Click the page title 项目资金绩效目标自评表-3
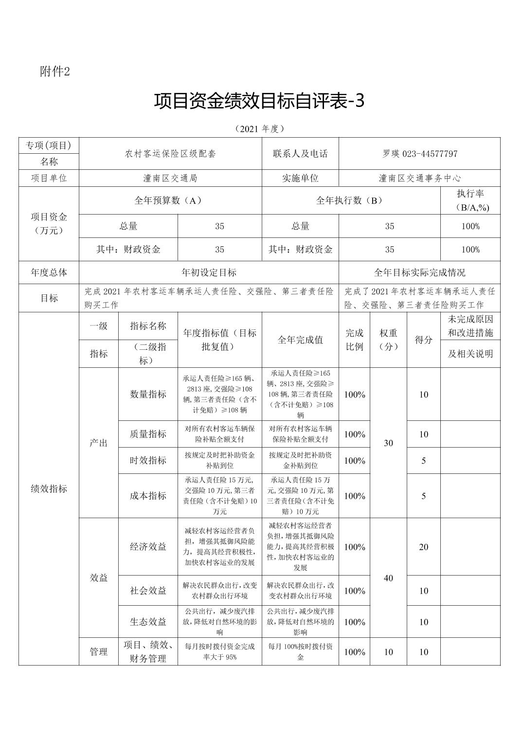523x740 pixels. click(x=259, y=101)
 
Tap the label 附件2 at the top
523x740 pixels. click(x=55, y=72)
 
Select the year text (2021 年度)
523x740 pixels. click(x=259, y=129)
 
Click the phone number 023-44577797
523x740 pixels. click(x=430, y=154)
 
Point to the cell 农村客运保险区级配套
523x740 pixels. click(x=170, y=154)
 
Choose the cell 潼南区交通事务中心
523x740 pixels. click(x=419, y=178)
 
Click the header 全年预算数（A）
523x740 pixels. click(x=170, y=200)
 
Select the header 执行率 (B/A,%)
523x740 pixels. click(x=470, y=200)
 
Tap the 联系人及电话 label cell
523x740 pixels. click(x=300, y=154)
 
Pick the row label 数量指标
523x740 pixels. click(x=148, y=394)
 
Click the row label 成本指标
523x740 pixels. click(x=148, y=496)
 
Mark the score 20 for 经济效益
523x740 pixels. click(x=423, y=547)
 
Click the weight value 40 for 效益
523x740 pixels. click(x=388, y=578)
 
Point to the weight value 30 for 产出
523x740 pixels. click(x=388, y=443)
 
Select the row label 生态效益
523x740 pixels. click(x=148, y=622)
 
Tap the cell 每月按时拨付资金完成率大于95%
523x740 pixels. click(x=219, y=652)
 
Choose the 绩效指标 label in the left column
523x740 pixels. click(x=49, y=488)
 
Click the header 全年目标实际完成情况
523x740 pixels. click(x=419, y=272)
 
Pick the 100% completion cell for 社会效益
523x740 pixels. click(x=354, y=591)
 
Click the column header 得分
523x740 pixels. click(x=423, y=340)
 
